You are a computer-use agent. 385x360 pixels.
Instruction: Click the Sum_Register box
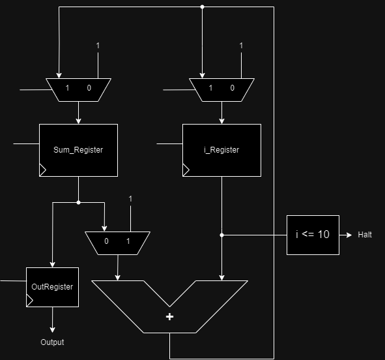[78, 150]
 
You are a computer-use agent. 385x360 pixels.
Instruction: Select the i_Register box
[221, 150]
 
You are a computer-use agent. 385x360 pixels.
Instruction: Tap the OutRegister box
[52, 287]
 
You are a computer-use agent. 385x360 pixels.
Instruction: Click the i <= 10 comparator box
[313, 235]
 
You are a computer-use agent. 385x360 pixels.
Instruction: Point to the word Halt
[365, 235]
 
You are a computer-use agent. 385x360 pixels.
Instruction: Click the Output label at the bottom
[52, 342]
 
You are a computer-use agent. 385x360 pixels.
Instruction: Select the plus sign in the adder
[170, 317]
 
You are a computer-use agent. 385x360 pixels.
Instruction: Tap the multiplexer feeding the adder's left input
[117, 242]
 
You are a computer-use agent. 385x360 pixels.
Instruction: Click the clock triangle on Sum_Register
[43, 170]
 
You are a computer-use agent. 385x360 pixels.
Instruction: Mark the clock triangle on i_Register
[186, 170]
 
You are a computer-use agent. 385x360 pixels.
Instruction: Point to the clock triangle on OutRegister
[30, 301]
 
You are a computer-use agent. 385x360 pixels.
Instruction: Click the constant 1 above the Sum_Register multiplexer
[98, 46]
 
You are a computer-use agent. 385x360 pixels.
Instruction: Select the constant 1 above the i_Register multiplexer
[242, 46]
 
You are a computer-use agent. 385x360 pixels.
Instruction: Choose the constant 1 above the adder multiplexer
[130, 199]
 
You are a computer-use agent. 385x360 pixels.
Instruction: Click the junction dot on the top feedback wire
[202, 7]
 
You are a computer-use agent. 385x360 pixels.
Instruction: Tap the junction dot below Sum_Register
[78, 202]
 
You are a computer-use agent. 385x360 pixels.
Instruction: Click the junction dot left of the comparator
[221, 235]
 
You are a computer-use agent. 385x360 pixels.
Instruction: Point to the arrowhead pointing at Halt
[350, 235]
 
